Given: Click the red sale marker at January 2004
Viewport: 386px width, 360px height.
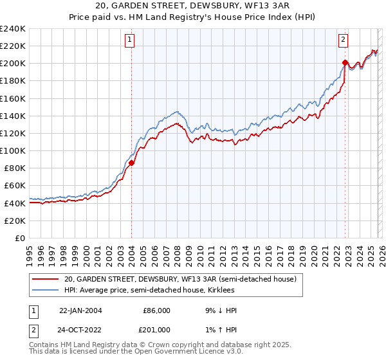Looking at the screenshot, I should click(131, 163).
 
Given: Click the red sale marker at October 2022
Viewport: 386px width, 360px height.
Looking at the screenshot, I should click(345, 62).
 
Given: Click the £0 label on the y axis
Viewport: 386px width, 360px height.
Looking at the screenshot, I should click(21, 238).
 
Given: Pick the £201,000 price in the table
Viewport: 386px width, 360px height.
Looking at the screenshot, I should click(156, 329).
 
